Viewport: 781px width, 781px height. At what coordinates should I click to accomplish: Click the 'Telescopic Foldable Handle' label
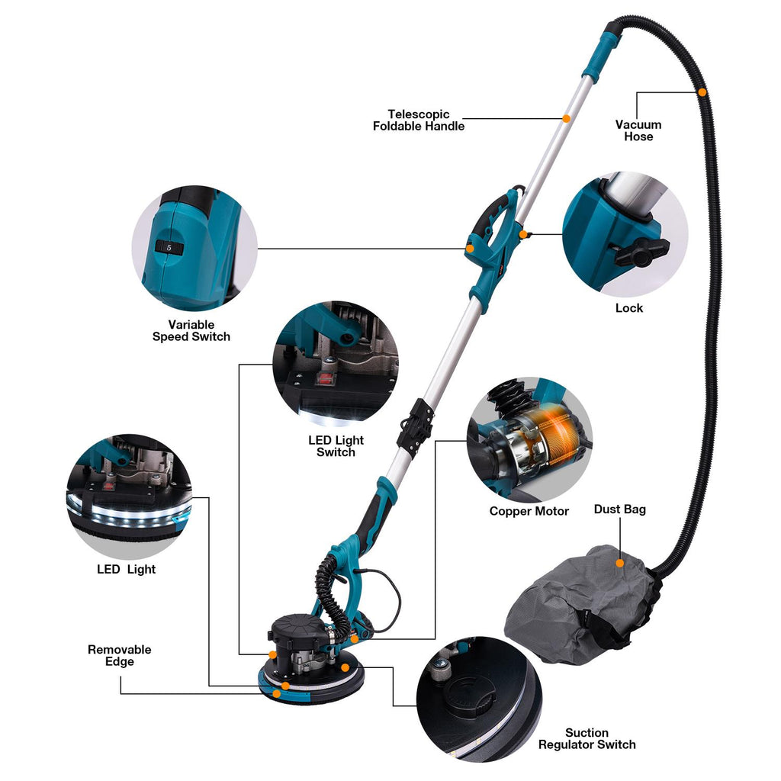419,121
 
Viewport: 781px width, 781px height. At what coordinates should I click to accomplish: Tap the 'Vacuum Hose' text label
638,130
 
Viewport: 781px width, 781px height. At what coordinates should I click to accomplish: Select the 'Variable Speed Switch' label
191,331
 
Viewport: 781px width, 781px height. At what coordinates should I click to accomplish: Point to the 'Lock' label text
629,308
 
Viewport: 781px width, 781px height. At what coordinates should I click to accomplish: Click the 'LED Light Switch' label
336,446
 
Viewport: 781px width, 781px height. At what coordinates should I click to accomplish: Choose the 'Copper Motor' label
529,511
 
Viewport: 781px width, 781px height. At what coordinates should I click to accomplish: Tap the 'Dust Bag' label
619,509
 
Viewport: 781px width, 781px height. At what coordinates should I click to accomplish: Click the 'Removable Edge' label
120,655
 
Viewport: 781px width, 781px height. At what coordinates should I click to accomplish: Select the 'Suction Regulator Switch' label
587,738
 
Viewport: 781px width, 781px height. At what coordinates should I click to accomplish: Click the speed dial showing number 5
169,247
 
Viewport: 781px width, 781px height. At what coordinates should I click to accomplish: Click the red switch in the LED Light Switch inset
326,380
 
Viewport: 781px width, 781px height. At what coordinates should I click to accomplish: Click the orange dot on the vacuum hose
702,92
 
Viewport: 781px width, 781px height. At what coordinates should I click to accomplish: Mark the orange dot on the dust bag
619,564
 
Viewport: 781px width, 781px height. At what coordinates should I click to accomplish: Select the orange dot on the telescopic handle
567,118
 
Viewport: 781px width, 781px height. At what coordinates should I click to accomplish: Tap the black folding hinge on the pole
414,425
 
